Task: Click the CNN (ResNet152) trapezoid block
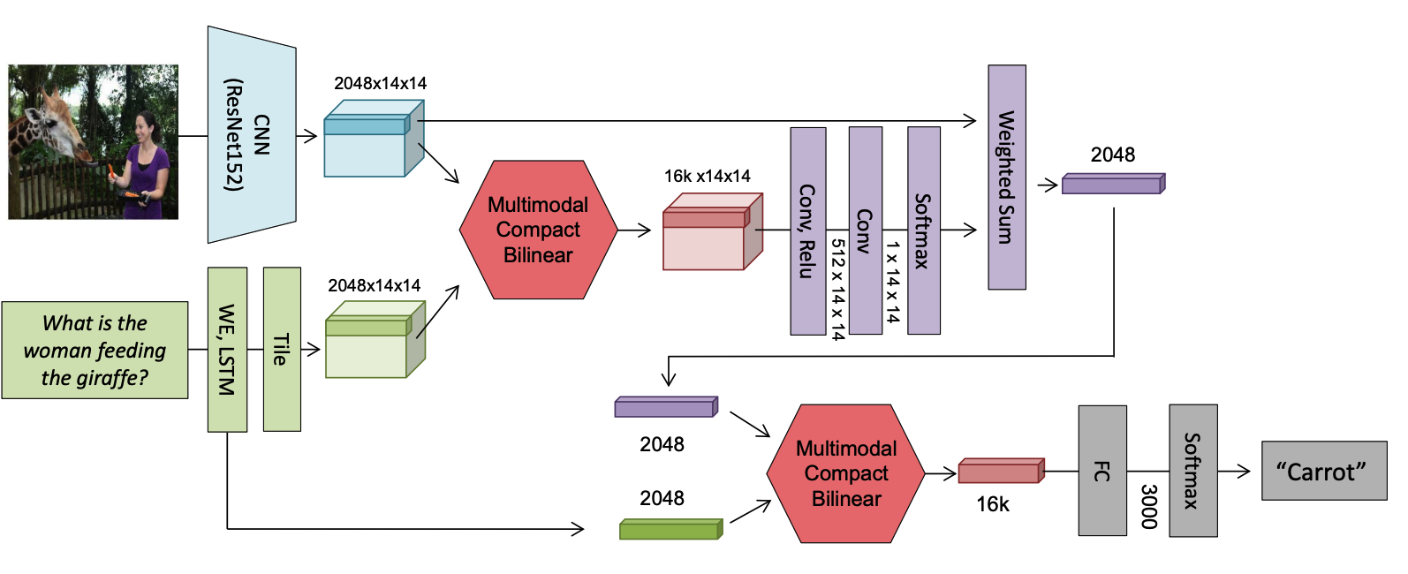tap(252, 134)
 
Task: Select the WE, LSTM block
tap(227, 350)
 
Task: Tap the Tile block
tap(282, 350)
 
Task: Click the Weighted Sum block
tap(1007, 177)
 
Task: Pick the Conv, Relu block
tap(807, 230)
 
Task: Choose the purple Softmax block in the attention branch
tap(924, 230)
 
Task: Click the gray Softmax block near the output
tap(1193, 471)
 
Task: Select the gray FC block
tap(1102, 471)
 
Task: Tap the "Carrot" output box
tap(1324, 471)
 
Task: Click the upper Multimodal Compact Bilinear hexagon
tap(539, 230)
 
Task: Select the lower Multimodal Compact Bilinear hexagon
tap(846, 473)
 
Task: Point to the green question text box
tap(95, 351)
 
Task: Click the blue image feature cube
tap(374, 139)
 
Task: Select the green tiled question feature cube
tap(375, 339)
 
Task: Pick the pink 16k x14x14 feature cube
tap(713, 231)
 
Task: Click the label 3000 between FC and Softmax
tap(1148, 507)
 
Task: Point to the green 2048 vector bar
tap(671, 529)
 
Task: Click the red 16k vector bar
tap(1002, 471)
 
